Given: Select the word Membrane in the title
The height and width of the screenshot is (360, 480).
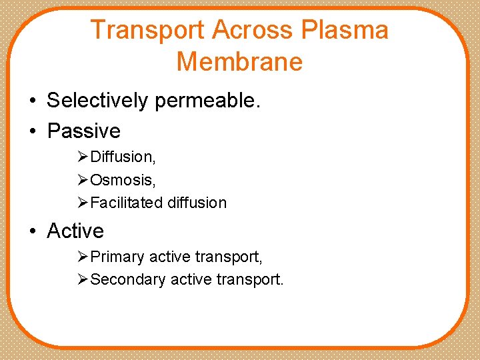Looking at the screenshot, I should click(x=240, y=61).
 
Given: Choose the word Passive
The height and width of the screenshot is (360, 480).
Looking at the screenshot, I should click(x=84, y=131).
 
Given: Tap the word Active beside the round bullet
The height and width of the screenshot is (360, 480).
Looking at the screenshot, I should click(x=75, y=231).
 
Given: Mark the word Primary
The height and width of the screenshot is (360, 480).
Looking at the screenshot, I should click(x=117, y=257).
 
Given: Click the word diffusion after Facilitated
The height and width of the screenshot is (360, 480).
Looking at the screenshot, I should click(x=197, y=203).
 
